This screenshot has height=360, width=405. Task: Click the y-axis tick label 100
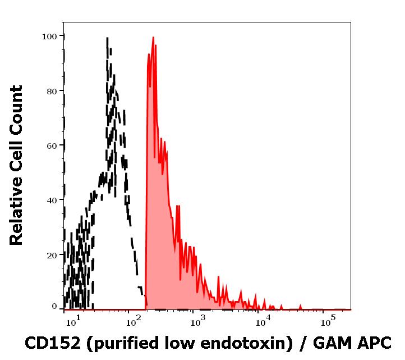[x=50, y=37]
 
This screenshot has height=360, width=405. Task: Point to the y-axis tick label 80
[x=52, y=91]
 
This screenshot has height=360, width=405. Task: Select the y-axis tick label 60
[x=52, y=146]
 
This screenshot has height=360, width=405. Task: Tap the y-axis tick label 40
[x=52, y=200]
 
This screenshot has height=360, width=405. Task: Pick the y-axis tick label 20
[x=52, y=255]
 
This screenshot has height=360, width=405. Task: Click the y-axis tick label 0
[x=54, y=307]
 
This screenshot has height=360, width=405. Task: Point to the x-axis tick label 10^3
[x=198, y=323]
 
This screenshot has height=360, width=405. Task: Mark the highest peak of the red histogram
[x=153, y=38]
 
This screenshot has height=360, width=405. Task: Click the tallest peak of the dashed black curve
[x=107, y=38]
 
